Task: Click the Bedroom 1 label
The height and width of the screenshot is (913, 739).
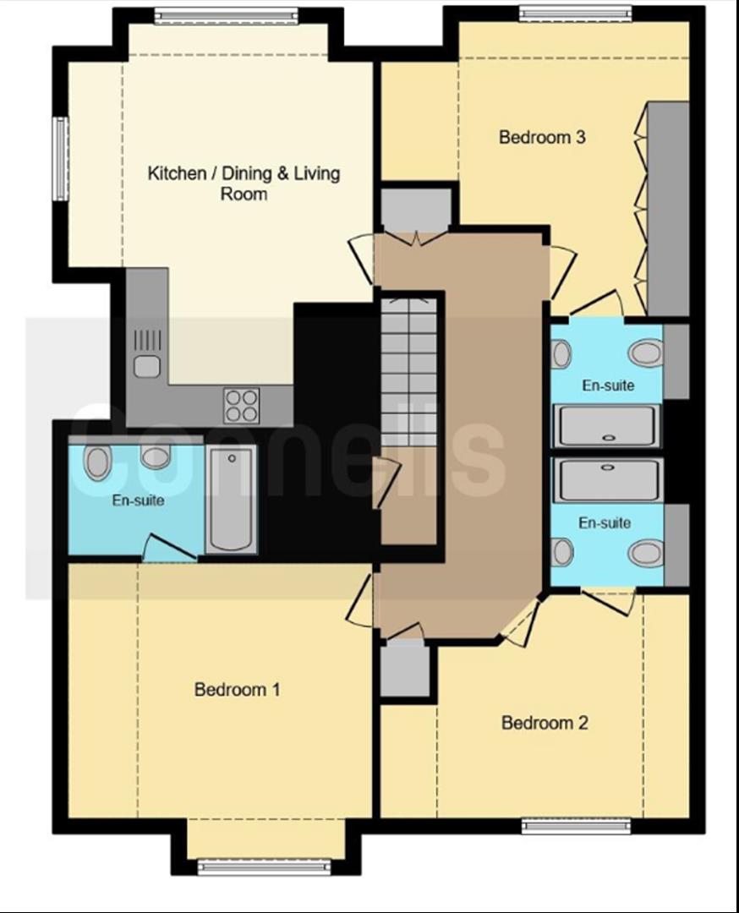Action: (x=237, y=690)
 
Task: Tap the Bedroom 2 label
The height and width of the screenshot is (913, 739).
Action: (x=545, y=723)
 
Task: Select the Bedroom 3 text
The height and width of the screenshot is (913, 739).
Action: (x=542, y=138)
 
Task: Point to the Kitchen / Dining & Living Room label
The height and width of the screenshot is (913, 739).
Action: (x=244, y=183)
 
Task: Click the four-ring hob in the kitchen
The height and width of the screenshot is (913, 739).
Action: (x=242, y=405)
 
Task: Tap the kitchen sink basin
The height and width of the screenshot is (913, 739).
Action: (x=147, y=366)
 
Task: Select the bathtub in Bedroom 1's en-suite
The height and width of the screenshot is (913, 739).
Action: (x=232, y=499)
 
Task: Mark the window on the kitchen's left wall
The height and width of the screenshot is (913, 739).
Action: (x=59, y=158)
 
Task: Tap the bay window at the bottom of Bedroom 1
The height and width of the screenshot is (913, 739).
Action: (x=264, y=867)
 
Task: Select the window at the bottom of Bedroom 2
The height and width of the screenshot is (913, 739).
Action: (x=576, y=826)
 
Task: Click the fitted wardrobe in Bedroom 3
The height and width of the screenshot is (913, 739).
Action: (x=668, y=209)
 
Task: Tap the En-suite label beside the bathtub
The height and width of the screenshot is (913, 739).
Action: (x=138, y=500)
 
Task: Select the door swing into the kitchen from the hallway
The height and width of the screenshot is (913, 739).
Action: (x=362, y=260)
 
